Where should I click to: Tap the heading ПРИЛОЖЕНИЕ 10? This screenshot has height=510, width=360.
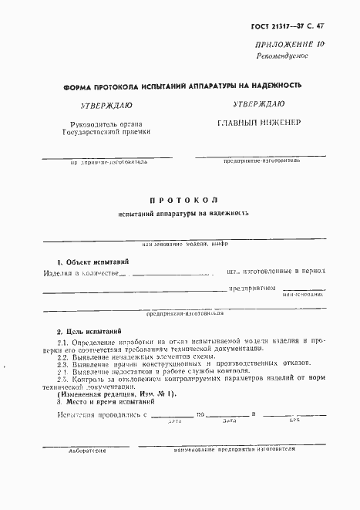[x=294, y=46]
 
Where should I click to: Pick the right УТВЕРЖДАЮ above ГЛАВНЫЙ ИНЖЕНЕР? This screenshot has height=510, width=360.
[x=258, y=103]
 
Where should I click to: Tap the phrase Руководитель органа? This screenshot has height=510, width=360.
[x=102, y=123]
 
